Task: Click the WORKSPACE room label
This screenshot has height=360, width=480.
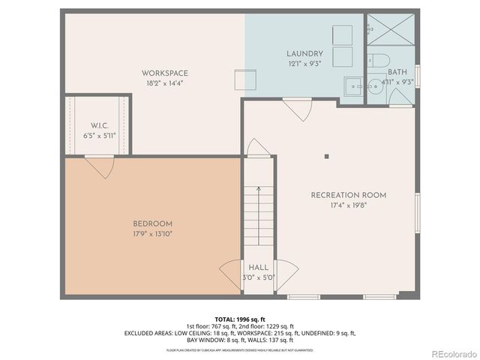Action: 165,73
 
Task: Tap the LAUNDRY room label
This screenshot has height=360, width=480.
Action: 304,54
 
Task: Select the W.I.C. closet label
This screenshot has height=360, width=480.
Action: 100,125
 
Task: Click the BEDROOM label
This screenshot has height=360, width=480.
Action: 153,223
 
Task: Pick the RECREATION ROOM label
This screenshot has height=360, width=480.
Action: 349,195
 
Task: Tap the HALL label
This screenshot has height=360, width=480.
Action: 258,268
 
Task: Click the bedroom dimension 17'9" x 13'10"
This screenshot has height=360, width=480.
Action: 153,234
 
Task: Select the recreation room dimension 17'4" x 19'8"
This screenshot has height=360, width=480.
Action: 349,205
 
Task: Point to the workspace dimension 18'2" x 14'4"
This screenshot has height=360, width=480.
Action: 165,83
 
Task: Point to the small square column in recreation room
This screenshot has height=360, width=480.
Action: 326,157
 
